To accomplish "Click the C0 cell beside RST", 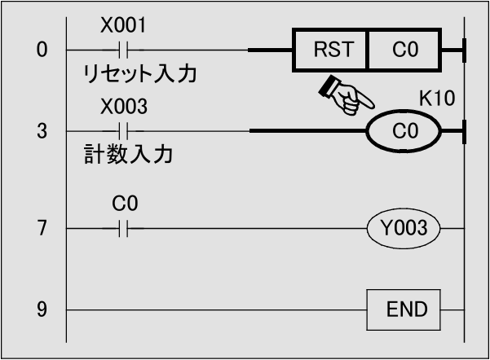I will (x=404, y=50).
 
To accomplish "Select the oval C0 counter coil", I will (x=404, y=130).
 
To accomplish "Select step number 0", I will (x=42, y=50).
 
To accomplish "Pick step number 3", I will (x=42, y=130).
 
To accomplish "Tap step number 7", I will (x=42, y=229).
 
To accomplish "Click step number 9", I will (x=42, y=310).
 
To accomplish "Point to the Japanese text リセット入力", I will (x=139, y=74).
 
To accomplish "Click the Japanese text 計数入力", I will (x=128, y=155).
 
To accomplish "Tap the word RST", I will (x=333, y=50).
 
